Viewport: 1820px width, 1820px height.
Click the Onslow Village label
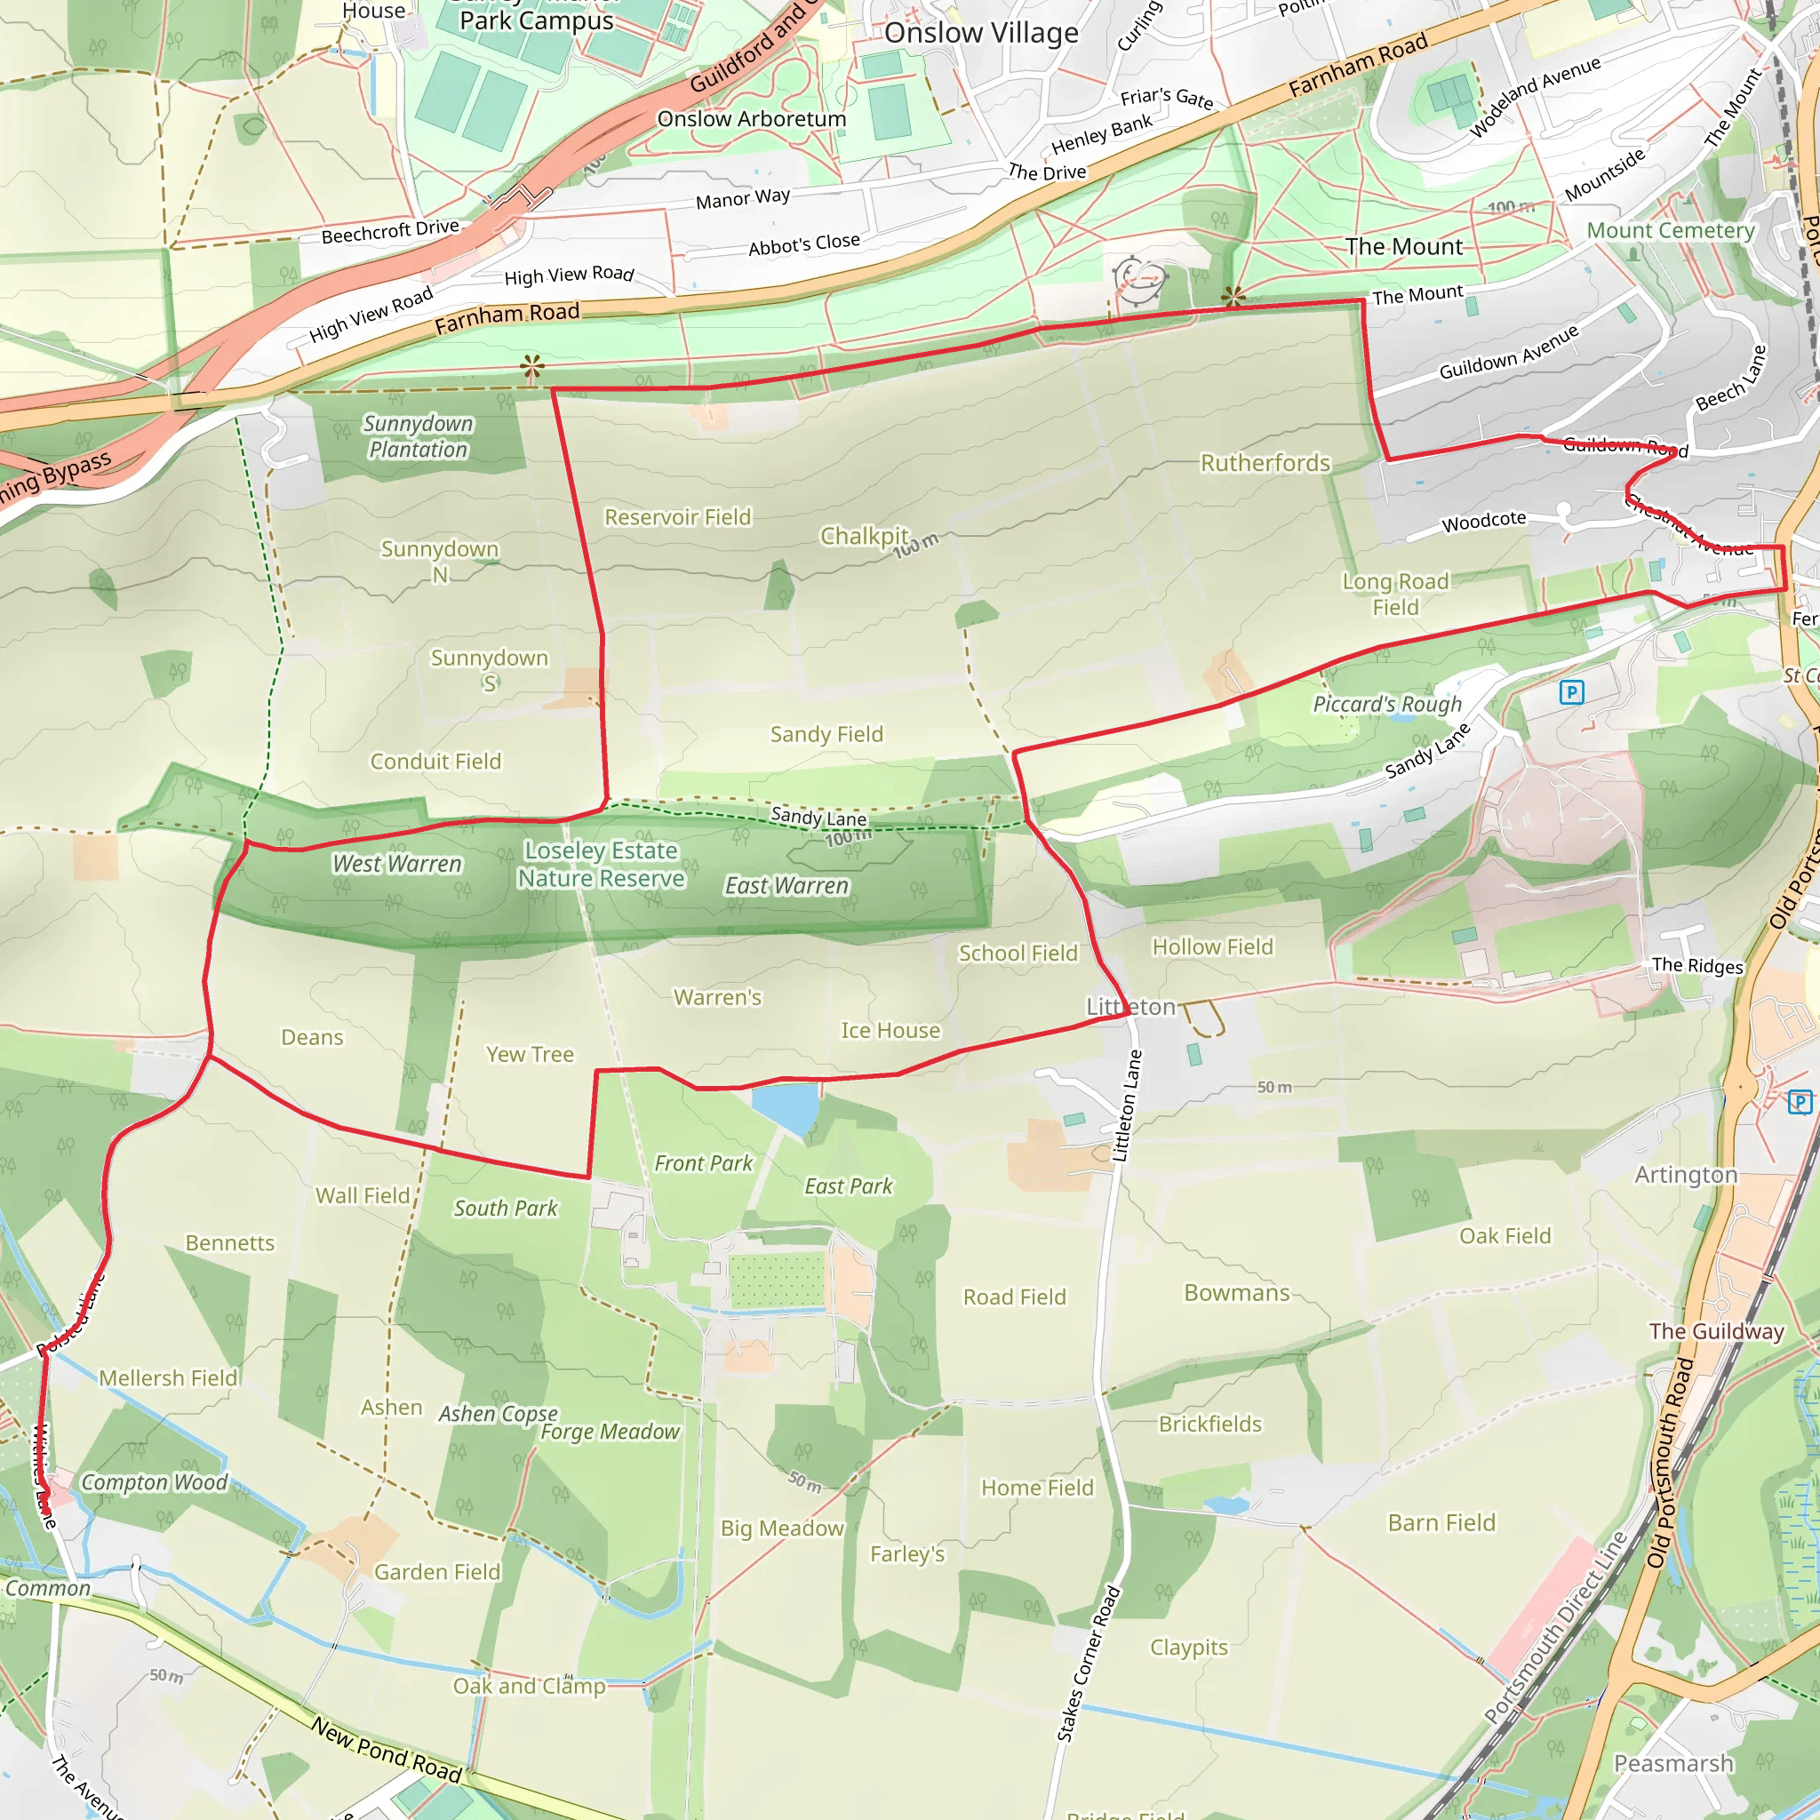(x=981, y=34)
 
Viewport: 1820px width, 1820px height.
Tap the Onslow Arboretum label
(x=751, y=120)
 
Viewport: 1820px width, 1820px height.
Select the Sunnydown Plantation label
(x=418, y=437)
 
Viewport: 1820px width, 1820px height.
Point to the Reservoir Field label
(x=677, y=517)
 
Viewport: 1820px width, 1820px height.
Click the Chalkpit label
(x=864, y=536)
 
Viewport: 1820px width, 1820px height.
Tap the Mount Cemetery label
(x=1670, y=231)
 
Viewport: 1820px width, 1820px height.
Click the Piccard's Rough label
(x=1386, y=705)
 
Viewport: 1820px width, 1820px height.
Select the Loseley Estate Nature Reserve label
(x=601, y=865)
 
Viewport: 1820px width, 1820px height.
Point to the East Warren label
(x=786, y=886)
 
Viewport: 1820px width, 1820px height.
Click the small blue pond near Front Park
(x=786, y=1107)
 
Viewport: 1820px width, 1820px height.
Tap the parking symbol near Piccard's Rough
(x=1571, y=692)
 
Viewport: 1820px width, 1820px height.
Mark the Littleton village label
(x=1130, y=1007)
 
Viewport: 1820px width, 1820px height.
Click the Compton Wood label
(x=155, y=1483)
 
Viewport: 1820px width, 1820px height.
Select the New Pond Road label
(x=387, y=1749)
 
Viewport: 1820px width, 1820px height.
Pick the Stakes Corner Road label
(x=1088, y=1664)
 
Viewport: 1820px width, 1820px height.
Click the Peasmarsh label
(x=1673, y=1763)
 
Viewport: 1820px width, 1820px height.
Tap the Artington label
(x=1685, y=1175)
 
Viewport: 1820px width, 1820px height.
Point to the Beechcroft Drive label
(x=390, y=232)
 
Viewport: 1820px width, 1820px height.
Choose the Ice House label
(x=890, y=1031)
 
